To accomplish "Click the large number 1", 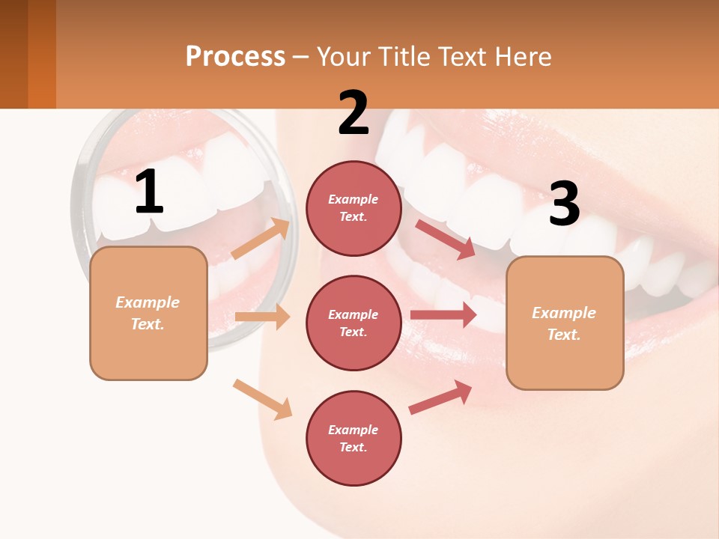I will [149, 192].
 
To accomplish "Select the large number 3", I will [565, 204].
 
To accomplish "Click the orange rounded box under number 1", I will [148, 313].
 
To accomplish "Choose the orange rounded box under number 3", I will [565, 323].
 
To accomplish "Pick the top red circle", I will [354, 208].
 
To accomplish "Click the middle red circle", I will [354, 323].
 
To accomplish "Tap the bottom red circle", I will [354, 438].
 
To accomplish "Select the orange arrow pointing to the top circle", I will [260, 239].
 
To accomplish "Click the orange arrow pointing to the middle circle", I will [262, 317].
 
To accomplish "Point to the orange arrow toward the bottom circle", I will [261, 399].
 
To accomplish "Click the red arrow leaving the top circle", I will [445, 239].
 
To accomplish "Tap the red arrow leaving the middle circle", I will [443, 315].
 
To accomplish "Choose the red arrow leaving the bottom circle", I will [440, 398].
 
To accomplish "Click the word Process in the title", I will [235, 56].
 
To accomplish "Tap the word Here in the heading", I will [524, 56].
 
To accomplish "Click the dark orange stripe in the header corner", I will [42, 54].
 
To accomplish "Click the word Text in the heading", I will [466, 56].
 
